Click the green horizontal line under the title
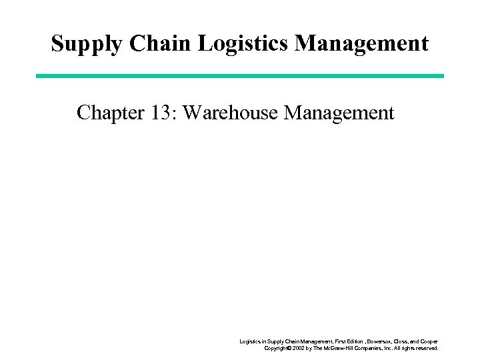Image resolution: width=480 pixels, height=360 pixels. (240, 75)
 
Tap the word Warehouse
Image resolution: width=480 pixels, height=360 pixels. (230, 113)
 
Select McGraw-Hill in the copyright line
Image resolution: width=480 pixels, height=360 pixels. (348, 348)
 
